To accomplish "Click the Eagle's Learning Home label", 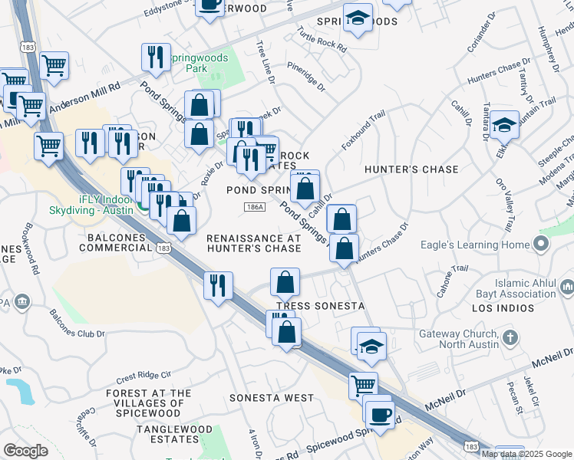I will (x=475, y=245).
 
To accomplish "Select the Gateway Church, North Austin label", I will (x=458, y=340).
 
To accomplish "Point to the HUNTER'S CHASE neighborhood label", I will (x=411, y=169).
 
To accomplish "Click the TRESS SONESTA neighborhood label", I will (x=320, y=306).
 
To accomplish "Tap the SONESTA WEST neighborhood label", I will (x=272, y=398).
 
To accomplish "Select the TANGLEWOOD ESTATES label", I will (x=167, y=433).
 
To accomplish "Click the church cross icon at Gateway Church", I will (x=511, y=337).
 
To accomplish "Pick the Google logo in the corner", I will (x=25, y=451).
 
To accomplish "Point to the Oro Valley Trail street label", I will (x=506, y=206).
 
